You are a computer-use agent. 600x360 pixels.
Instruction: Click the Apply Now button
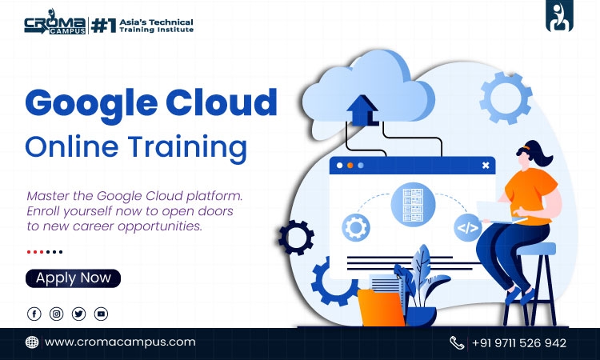[73, 278]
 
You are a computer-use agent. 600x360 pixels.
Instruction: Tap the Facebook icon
[34, 314]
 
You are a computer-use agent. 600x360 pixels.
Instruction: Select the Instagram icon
[56, 314]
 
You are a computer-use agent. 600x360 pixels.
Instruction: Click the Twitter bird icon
[78, 314]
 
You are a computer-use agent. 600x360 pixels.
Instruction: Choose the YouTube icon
[101, 314]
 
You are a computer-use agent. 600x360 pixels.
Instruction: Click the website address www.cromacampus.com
[120, 342]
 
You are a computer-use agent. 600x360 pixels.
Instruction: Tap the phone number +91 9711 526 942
[519, 342]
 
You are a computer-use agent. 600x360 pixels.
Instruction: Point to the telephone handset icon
[457, 342]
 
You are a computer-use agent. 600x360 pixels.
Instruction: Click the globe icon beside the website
[32, 342]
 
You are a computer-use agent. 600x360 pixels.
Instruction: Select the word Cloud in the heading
[221, 102]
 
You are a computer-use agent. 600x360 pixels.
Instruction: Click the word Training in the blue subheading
[187, 148]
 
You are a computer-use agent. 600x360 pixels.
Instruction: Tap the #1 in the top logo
[103, 26]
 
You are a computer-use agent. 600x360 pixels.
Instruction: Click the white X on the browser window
[486, 166]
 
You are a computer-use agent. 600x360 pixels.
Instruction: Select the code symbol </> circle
[468, 228]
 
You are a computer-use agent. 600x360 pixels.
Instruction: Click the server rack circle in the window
[413, 204]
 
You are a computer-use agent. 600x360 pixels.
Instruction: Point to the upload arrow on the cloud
[362, 110]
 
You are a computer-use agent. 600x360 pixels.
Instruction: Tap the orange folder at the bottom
[380, 308]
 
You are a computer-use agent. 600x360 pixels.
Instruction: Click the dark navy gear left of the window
[296, 238]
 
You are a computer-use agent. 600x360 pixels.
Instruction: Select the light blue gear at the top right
[506, 98]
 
